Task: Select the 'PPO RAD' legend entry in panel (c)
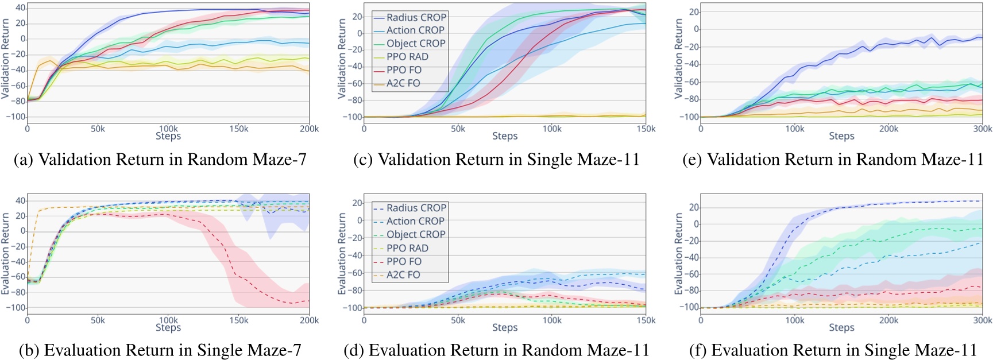click(x=407, y=56)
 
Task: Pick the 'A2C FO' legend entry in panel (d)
click(x=403, y=274)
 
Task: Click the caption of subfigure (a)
click(x=160, y=159)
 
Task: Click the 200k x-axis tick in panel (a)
click(x=309, y=129)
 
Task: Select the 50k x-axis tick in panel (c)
click(x=458, y=129)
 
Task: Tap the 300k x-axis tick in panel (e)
click(x=982, y=129)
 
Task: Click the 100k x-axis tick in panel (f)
click(x=794, y=320)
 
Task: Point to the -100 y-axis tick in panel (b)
click(x=16, y=308)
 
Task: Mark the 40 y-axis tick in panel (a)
click(x=20, y=7)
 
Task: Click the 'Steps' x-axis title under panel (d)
click(x=504, y=327)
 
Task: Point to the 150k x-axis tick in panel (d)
click(x=646, y=320)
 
